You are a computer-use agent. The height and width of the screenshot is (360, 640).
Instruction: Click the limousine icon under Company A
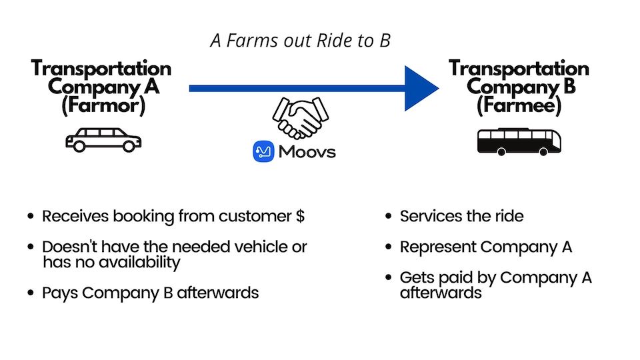[103, 141]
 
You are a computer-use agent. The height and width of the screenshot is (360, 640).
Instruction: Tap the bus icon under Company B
[519, 141]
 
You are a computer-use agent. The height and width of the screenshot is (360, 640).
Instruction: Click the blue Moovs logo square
[264, 152]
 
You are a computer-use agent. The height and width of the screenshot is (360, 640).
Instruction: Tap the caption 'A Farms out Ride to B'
[300, 41]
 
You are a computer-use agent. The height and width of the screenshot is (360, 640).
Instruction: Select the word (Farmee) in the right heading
[519, 105]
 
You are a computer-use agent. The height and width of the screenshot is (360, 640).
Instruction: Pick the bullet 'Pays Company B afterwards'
[150, 293]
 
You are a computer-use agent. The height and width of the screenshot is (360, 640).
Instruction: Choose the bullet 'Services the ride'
[461, 217]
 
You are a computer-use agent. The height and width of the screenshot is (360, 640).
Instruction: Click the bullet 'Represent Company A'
[485, 247]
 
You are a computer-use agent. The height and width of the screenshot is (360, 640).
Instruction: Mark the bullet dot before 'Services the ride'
[388, 217]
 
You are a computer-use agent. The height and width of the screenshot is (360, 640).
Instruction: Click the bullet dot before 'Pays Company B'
[30, 293]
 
